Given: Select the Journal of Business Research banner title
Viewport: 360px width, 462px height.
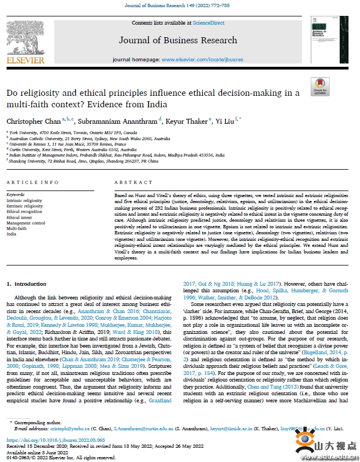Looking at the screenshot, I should pos(178,40).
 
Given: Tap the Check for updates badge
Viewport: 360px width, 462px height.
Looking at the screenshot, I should pos(320,87).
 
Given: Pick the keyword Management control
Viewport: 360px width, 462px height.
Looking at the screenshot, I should pos(26,223).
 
